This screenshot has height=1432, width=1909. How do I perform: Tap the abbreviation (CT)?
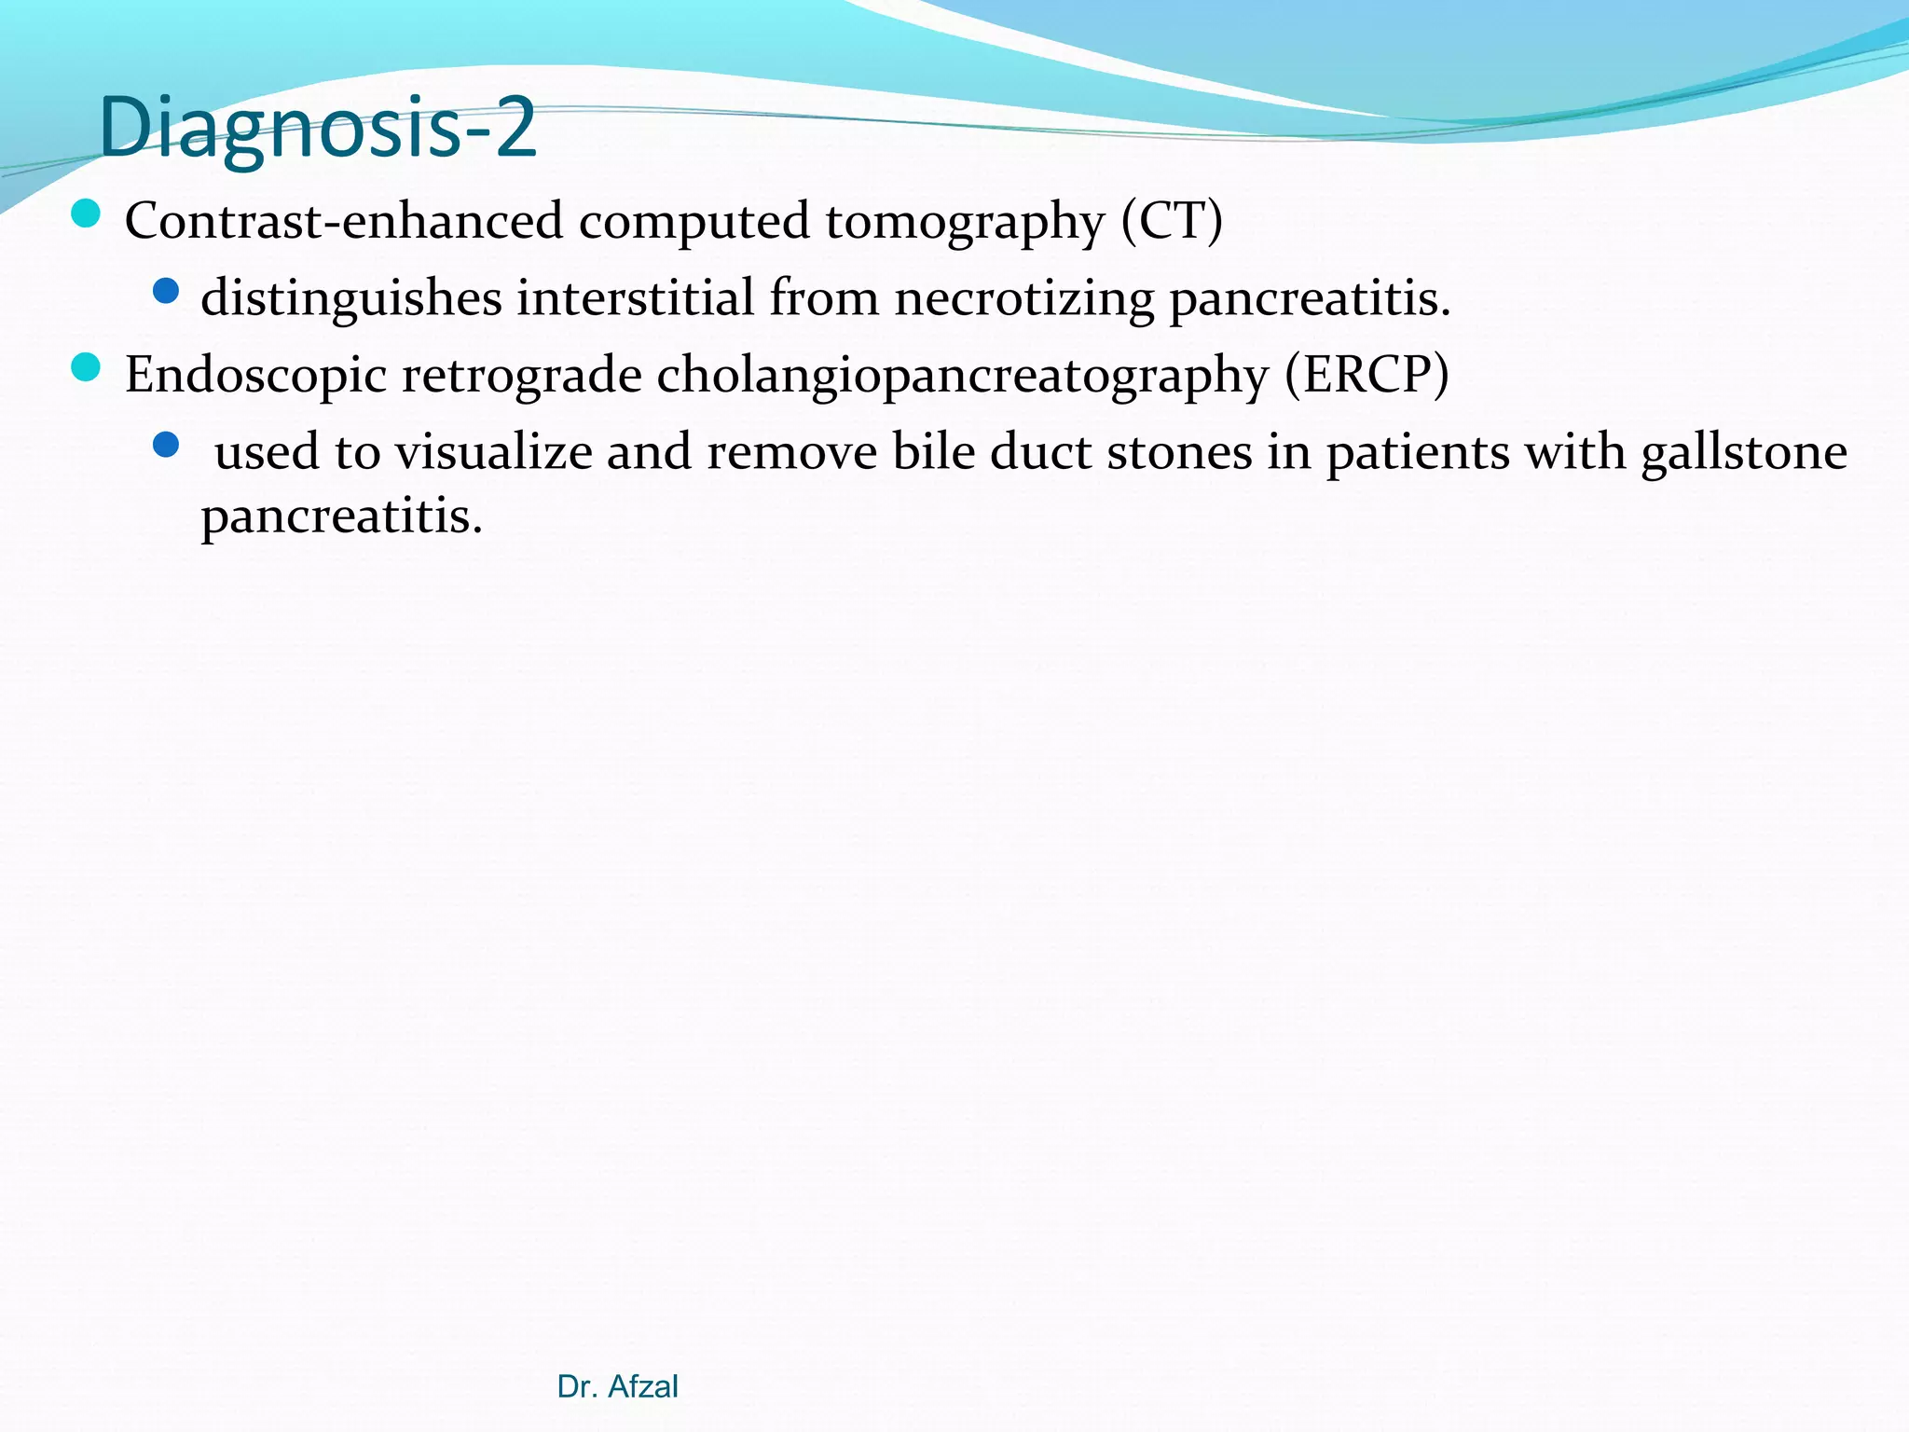1171,222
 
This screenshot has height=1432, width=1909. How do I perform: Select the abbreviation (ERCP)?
1366,376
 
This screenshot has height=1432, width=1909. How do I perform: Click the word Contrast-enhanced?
343,222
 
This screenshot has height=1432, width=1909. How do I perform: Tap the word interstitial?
636,298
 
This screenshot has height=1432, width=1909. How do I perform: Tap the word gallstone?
1744,453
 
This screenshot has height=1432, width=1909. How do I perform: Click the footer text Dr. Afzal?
617,1386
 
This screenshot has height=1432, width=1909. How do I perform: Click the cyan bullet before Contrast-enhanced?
86,214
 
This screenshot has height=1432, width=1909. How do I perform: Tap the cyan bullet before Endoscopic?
86,367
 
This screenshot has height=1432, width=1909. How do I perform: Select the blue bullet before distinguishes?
166,292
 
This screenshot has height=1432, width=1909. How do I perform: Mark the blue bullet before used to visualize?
166,445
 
